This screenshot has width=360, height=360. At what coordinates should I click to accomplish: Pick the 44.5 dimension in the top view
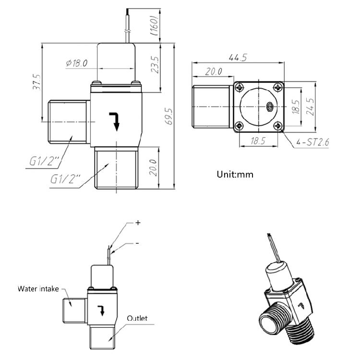[237, 58]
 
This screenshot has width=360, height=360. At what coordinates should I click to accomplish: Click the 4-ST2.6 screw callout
[312, 142]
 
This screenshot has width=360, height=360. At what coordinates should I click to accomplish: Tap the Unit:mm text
[234, 174]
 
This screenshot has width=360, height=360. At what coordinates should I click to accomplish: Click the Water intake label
[38, 288]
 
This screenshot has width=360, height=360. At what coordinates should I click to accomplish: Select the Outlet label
[137, 318]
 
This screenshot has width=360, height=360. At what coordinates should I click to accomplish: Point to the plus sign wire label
[138, 223]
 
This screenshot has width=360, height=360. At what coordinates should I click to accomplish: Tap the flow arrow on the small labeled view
[101, 310]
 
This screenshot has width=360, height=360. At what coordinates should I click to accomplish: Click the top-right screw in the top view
[277, 87]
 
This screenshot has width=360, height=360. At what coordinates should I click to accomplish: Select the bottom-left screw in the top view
[239, 126]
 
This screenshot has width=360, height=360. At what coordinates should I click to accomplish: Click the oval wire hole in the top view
[270, 107]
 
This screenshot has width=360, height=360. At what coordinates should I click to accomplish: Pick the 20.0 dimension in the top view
[213, 72]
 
